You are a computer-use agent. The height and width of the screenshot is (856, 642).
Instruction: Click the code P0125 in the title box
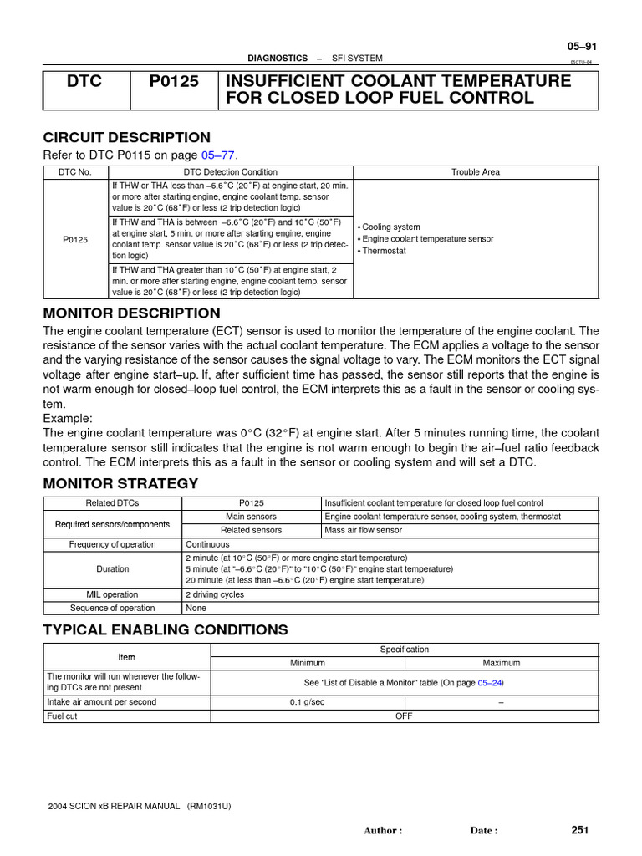[174, 81]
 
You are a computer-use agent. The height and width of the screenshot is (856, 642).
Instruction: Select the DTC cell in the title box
[86, 81]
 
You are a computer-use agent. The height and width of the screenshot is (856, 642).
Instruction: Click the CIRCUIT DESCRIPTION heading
[126, 138]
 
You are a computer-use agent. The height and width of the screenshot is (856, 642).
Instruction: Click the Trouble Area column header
[476, 172]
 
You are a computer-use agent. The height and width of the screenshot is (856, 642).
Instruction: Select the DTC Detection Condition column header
[231, 172]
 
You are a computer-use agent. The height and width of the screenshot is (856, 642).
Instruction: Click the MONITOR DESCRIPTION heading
[131, 313]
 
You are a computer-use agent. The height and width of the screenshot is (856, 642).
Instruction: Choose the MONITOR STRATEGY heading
[120, 483]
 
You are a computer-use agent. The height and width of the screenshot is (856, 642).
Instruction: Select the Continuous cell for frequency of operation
[207, 544]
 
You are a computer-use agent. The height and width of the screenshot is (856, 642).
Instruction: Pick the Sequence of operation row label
[112, 608]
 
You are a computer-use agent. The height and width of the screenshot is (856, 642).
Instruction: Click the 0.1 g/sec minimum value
[307, 702]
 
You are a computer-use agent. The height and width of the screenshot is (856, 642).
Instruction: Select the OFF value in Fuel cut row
[404, 716]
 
